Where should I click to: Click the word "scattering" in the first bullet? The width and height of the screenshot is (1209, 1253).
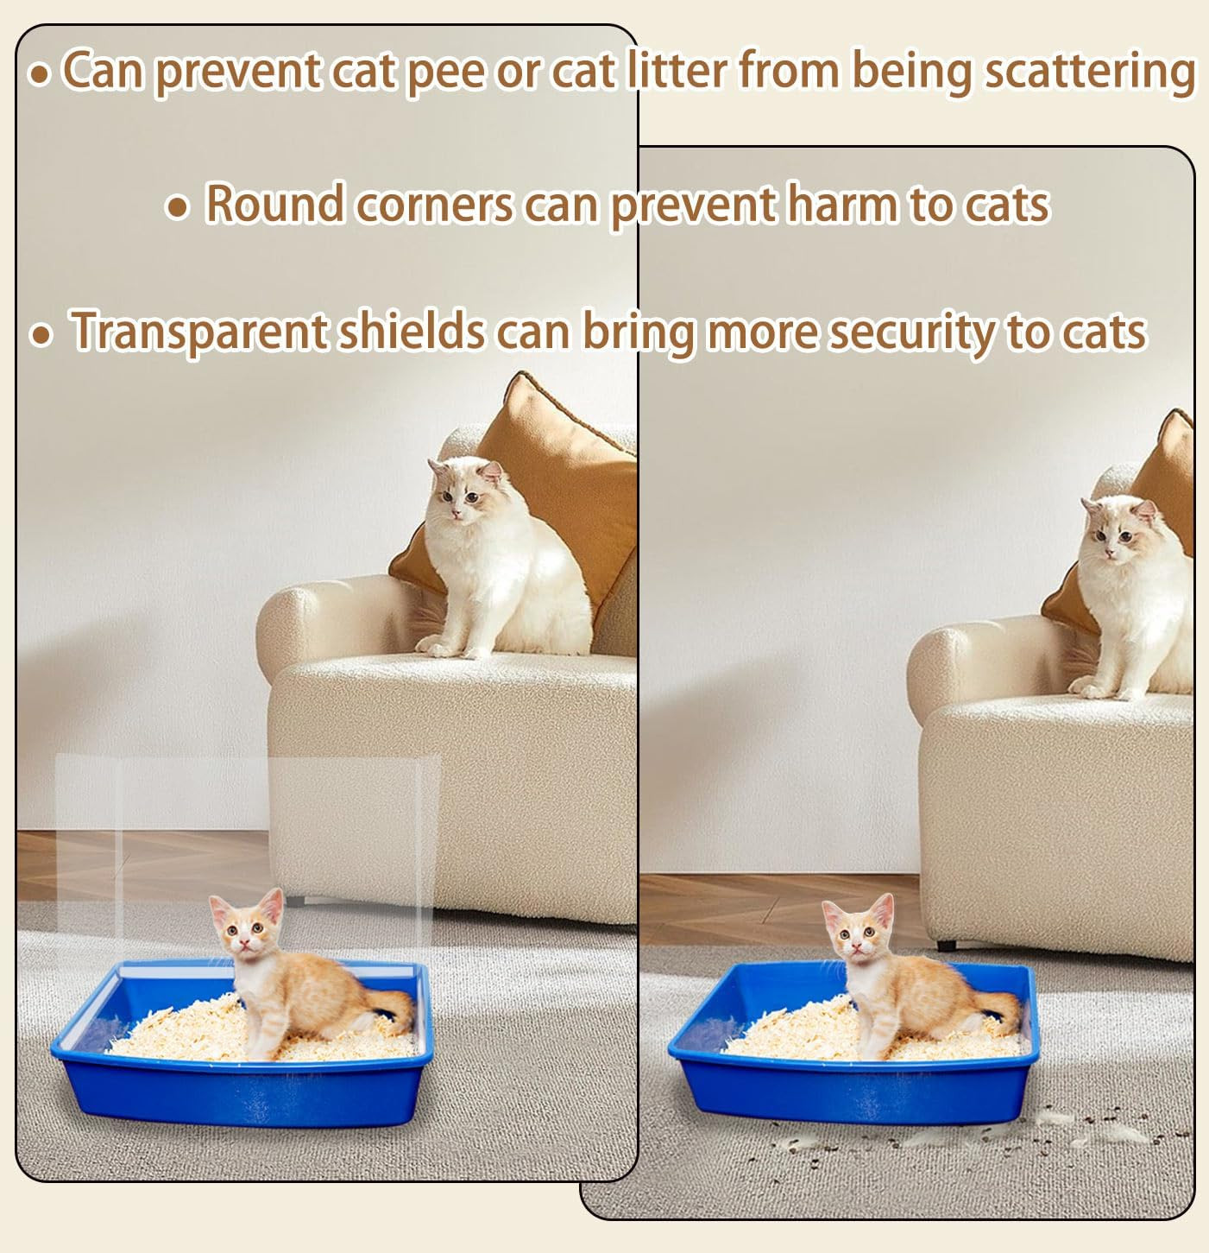1089,73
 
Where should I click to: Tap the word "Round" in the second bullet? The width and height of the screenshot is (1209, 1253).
274,204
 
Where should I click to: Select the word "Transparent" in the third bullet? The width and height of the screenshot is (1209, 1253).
198,332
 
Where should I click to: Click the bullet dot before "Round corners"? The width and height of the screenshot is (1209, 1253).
177,207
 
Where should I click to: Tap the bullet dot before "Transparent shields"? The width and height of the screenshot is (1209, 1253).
41,335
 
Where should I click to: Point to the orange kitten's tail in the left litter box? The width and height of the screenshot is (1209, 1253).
394,1010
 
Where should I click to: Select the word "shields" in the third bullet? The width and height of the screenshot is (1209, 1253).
412,331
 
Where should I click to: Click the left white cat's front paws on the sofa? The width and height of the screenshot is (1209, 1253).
450,648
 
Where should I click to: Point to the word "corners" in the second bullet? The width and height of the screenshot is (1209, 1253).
434,206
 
